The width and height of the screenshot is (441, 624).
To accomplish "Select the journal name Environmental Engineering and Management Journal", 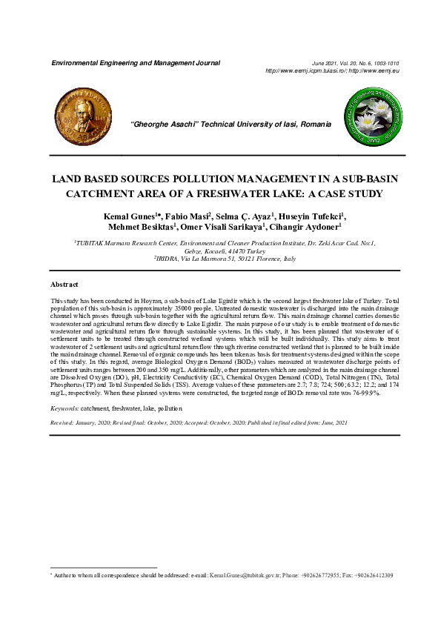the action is point(135,63).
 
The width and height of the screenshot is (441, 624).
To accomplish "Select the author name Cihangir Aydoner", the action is point(308,228).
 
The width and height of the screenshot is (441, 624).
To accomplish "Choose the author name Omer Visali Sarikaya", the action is point(219,228).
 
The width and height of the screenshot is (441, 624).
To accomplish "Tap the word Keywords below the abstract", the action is point(64,408).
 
